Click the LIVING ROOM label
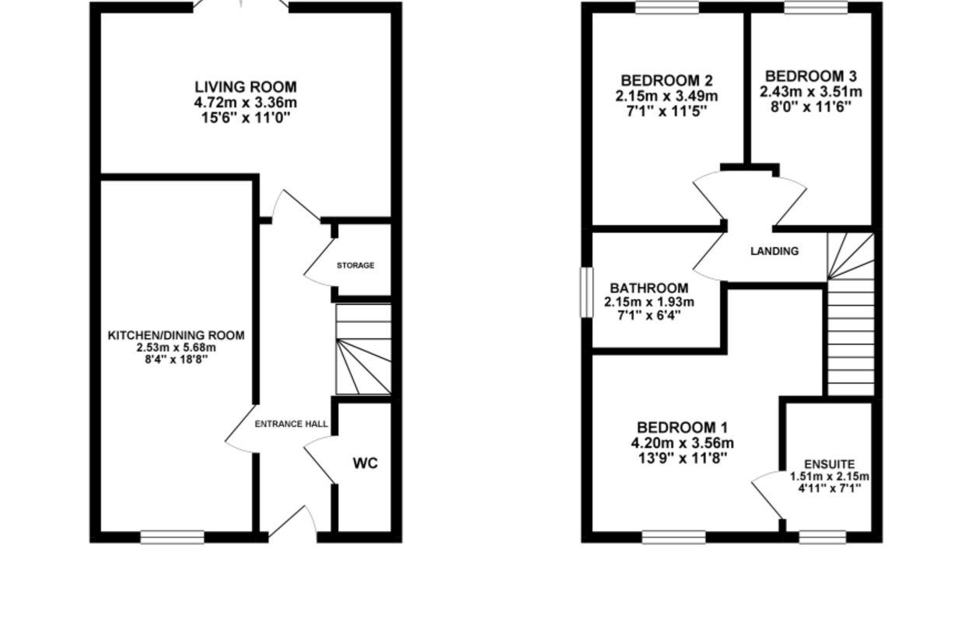(x=246, y=87)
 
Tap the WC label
(x=365, y=463)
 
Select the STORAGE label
(x=355, y=265)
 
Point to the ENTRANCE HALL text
(x=292, y=424)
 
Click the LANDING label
(x=774, y=251)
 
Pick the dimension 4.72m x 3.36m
(x=246, y=103)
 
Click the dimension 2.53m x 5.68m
(x=177, y=348)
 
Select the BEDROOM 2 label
(x=666, y=81)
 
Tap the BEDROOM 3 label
(x=810, y=76)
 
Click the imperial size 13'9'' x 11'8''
(x=683, y=458)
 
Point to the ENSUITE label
(x=829, y=464)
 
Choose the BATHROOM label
(x=649, y=288)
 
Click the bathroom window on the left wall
(x=586, y=292)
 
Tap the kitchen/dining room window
(x=173, y=537)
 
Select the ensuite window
(x=823, y=537)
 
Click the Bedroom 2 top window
(x=667, y=7)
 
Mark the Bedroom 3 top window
(x=816, y=7)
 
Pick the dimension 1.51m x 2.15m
(x=829, y=477)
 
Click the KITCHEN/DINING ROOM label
(x=177, y=335)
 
